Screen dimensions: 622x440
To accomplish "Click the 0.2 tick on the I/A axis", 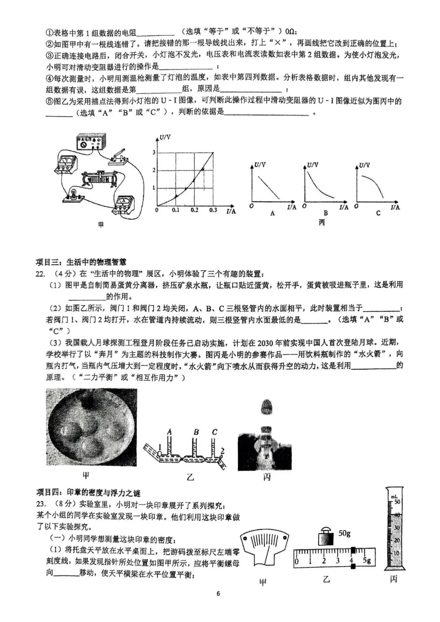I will coord(194,210).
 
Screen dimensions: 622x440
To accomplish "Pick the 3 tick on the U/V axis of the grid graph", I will coord(154,152).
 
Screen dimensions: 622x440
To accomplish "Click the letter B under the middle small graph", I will coord(326,213).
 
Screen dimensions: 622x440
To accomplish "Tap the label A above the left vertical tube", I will coord(169,432).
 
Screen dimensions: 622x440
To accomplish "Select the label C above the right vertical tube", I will coord(215,432).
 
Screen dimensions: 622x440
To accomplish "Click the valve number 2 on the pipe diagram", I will coord(222,450).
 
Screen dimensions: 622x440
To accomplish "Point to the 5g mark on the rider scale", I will coord(367,561).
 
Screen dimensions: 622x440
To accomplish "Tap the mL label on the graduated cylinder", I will coord(394,496).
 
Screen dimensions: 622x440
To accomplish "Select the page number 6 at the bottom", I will coord(218,594).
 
